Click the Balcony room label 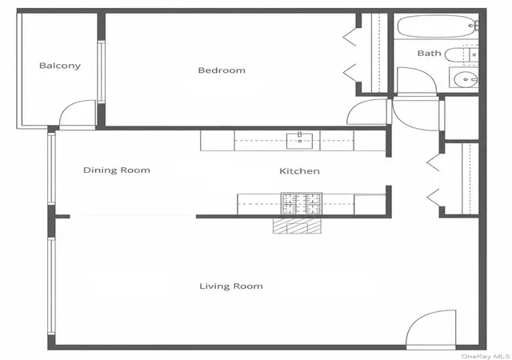coord(60,66)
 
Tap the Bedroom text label coord(222,70)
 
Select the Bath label coord(429,54)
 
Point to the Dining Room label coord(117,170)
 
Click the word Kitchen coord(299,171)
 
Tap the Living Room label coord(231,286)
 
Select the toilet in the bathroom coord(461,55)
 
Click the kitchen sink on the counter coord(299,141)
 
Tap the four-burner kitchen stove coord(302,203)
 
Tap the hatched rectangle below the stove coord(297,226)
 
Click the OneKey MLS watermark coord(486,356)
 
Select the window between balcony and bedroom coord(101,72)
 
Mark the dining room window coord(51,169)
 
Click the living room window coord(51,286)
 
